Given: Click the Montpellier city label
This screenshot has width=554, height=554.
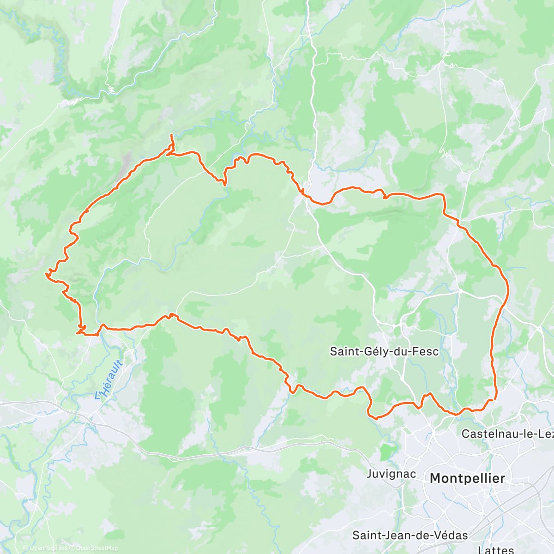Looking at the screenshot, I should (x=467, y=478).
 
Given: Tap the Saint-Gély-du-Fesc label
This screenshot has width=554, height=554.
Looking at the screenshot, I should (x=384, y=352).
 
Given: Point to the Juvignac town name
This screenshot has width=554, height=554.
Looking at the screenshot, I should (x=391, y=474).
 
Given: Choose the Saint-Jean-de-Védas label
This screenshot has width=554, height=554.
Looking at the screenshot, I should (x=410, y=536).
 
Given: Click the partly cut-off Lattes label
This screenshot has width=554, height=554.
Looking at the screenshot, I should (x=496, y=550).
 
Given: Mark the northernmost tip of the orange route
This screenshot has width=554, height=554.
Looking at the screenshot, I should (x=171, y=134).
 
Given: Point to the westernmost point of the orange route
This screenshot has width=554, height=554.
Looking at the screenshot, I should (x=46, y=274).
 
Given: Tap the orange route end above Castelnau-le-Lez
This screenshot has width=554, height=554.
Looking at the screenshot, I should (x=495, y=398).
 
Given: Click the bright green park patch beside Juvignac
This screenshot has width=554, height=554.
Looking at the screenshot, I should (x=388, y=452).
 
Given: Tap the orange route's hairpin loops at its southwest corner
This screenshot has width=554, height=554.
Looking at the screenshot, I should (x=81, y=329).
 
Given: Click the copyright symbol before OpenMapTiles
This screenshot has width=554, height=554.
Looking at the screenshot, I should (x=26, y=548).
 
